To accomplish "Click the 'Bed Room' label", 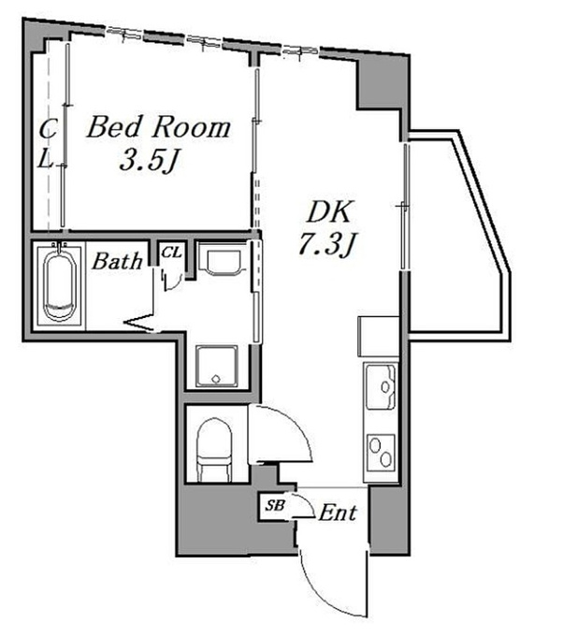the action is tap(159, 127).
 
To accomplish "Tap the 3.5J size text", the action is tap(150, 161).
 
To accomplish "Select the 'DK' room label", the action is tap(329, 211).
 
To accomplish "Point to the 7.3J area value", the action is tap(327, 244).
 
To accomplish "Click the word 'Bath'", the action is tap(117, 261).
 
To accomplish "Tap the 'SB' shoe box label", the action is tap(275, 505).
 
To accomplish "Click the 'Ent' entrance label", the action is tap(338, 513).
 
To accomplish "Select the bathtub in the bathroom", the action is tap(59, 284).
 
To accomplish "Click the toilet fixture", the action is tap(214, 450).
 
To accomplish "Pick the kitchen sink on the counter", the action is tap(381, 387).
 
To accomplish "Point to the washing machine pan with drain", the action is tap(217, 366).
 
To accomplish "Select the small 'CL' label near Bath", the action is tap(171, 253).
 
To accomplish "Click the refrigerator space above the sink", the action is tap(378, 337).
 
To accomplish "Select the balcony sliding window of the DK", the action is tap(405, 206).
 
